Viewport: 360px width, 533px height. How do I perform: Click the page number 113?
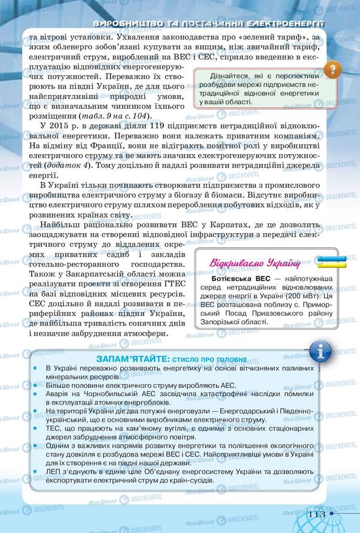coord(317,514)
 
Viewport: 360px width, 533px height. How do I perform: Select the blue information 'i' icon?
coord(320,352)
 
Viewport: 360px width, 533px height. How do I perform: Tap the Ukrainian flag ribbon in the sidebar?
coord(332,261)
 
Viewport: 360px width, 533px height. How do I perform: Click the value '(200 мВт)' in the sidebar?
coord(285,295)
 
